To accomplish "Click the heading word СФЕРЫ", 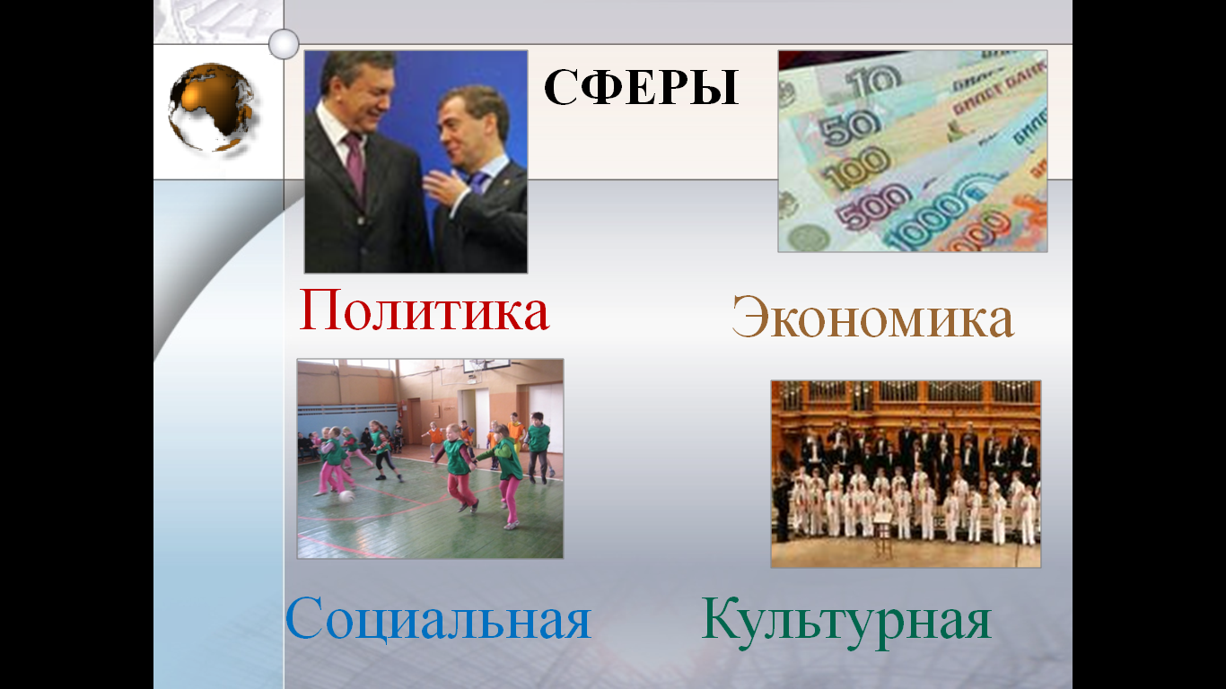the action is (641, 87).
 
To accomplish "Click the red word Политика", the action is (424, 310).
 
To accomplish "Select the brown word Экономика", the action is (872, 318).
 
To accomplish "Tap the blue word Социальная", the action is (438, 618).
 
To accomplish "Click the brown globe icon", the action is (211, 107).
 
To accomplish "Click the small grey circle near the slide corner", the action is (284, 44).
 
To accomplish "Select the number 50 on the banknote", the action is (851, 128).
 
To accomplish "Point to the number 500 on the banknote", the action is (873, 205).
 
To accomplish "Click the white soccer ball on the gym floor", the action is (346, 497).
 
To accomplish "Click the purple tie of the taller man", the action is (355, 162).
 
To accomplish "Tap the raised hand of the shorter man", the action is (444, 186).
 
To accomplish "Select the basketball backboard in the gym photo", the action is (486, 364).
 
